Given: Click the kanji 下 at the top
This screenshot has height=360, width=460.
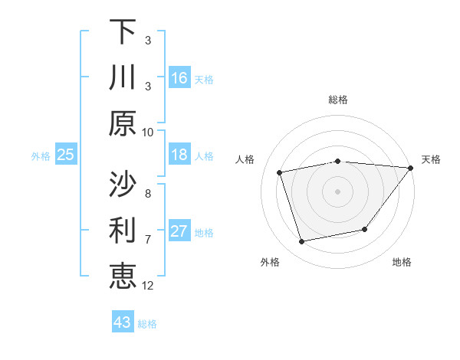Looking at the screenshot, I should (123, 31).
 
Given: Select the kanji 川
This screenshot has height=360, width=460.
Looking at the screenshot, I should (123, 77).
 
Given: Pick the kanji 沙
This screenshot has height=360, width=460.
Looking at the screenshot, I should (123, 183).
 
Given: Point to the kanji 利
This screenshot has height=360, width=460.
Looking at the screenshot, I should (123, 230).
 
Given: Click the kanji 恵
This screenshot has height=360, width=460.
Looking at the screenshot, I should (123, 277).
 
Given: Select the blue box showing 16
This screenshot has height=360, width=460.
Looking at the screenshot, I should (179, 77).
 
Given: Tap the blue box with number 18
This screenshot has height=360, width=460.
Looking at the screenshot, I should (179, 155).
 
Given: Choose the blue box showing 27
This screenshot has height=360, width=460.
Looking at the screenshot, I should (179, 231).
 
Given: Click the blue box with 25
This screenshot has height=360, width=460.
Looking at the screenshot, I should (65, 155).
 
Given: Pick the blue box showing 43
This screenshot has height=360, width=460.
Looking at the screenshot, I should (123, 322).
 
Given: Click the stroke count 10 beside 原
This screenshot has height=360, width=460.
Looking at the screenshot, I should (148, 133).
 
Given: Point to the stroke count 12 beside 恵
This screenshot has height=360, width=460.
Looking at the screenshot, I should (148, 285).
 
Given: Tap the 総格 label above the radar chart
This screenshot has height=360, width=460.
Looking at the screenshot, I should (338, 100).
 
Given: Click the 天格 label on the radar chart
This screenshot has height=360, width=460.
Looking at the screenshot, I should (431, 159).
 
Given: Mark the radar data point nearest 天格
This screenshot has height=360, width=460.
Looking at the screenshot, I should (411, 168).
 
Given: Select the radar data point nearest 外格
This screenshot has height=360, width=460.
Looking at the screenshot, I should (302, 242).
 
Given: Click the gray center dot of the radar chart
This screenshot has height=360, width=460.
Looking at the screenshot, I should (338, 191).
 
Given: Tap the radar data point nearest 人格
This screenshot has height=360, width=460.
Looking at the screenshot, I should (280, 172).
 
